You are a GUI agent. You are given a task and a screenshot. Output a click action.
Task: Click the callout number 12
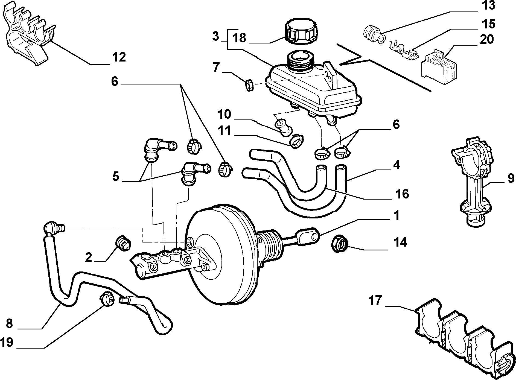[x=119, y=57]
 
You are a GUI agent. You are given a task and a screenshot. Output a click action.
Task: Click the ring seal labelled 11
[x=297, y=141]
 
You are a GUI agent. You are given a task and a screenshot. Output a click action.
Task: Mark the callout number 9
[x=511, y=178]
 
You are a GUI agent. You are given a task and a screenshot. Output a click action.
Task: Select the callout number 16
[x=402, y=194]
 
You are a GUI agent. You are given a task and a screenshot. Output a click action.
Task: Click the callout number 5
[x=116, y=177]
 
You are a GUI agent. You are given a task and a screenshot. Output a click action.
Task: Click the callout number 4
[x=397, y=165]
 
